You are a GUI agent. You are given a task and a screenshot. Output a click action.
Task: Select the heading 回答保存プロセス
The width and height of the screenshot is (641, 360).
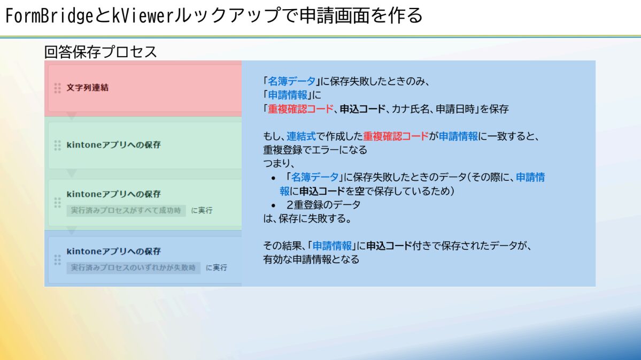101,52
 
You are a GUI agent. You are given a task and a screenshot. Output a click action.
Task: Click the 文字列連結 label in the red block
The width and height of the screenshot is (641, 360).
88,88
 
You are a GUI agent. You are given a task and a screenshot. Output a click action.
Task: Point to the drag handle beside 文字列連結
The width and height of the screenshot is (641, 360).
58,88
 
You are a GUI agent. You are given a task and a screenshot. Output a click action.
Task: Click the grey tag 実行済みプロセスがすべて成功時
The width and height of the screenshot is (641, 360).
126,210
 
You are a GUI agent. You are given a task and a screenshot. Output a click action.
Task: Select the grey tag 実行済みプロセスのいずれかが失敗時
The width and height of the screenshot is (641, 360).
133,267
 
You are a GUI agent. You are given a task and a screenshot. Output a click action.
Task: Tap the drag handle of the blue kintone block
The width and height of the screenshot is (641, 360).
58,260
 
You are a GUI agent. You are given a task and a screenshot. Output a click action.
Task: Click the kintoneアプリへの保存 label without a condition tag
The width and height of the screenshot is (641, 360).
114,145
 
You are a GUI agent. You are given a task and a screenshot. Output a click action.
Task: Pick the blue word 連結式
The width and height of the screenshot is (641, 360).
302,136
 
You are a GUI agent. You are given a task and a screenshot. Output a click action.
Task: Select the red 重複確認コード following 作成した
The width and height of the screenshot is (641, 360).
396,136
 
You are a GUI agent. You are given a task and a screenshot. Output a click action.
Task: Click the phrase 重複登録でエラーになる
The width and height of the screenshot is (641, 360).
315,150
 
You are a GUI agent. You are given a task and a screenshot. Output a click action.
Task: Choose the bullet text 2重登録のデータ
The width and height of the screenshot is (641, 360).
324,204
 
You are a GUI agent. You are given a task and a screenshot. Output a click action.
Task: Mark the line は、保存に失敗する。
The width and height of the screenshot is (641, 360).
308,218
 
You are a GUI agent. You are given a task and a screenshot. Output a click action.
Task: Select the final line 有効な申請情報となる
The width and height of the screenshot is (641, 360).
311,259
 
